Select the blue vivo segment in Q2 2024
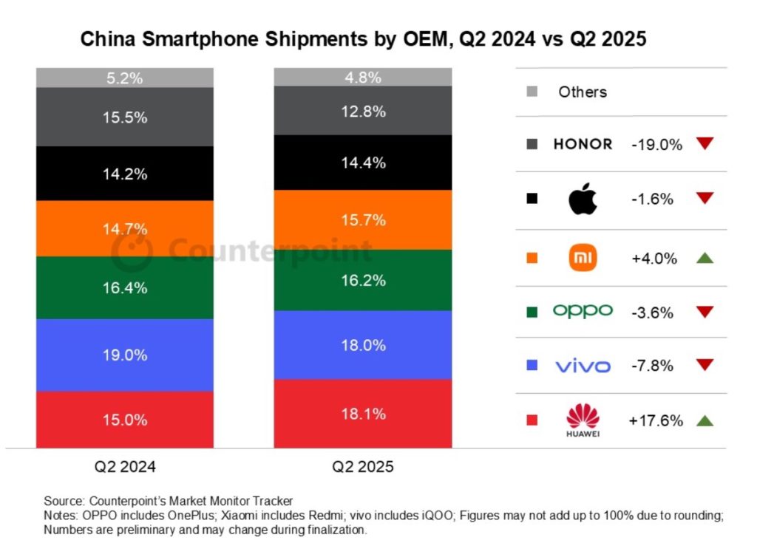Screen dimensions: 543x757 click(125, 355)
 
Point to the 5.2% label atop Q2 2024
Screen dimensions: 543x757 click(125, 78)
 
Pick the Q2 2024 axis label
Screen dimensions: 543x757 click(125, 467)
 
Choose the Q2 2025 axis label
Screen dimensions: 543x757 click(362, 467)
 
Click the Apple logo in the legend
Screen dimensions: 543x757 click(583, 198)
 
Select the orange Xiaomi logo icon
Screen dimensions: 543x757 click(583, 258)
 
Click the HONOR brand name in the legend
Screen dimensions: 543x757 click(583, 144)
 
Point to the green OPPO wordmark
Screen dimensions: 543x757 click(583, 311)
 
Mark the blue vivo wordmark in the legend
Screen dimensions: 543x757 click(583, 365)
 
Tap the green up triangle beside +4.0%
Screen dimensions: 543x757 click(704, 258)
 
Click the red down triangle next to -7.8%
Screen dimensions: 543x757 click(704, 365)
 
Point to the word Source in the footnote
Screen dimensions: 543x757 click(63, 501)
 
